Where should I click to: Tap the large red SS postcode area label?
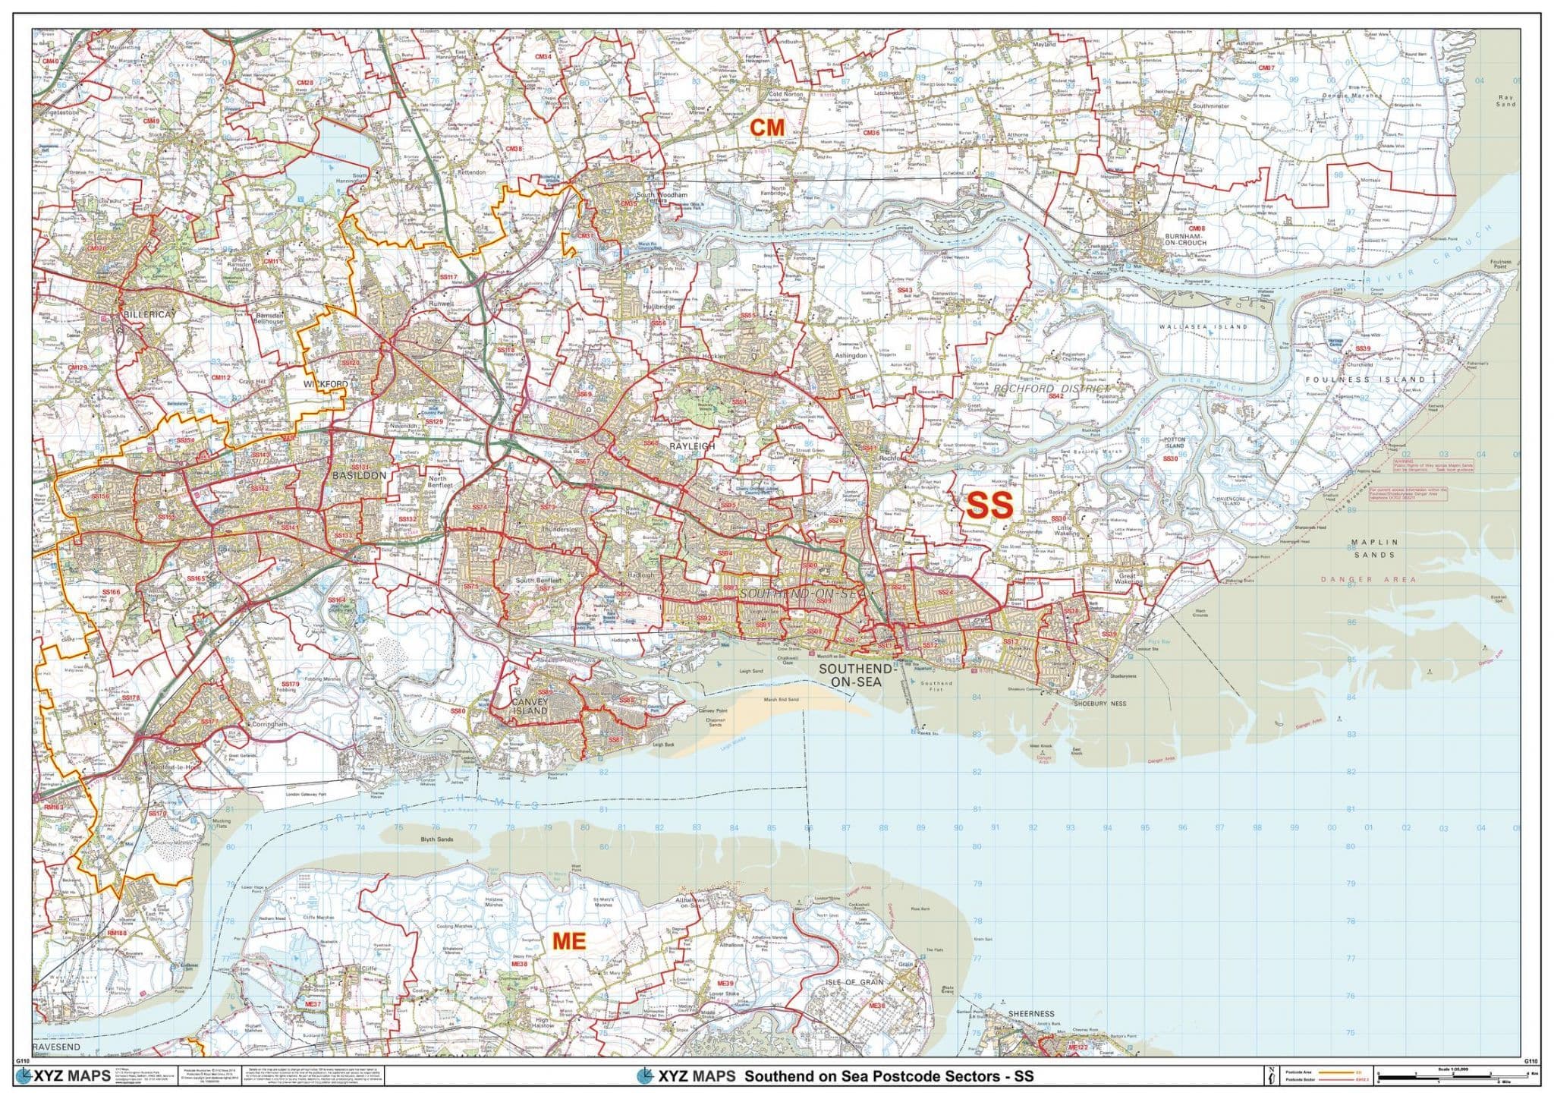coord(989,505)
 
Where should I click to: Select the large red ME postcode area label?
coord(569,941)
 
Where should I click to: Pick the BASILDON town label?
coord(359,475)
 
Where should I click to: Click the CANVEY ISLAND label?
coord(529,707)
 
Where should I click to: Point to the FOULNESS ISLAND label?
coord(1366,379)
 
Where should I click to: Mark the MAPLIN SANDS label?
coord(1373,549)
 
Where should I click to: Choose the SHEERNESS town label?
coord(1031,1013)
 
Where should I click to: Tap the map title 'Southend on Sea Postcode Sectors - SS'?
coord(888,1076)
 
